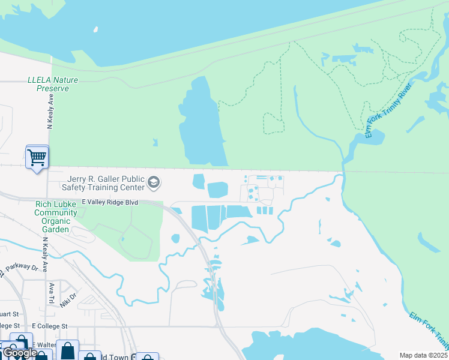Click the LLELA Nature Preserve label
pyautogui.click(x=48, y=84)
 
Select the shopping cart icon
pyautogui.click(x=37, y=158)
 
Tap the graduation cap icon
pyautogui.click(x=154, y=182)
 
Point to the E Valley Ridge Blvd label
pyautogui.click(x=110, y=203)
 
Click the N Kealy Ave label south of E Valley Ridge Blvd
pyautogui.click(x=44, y=255)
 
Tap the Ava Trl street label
pyautogui.click(x=52, y=289)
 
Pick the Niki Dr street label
pyautogui.click(x=69, y=297)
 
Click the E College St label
pyautogui.click(x=50, y=326)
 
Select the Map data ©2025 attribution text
pyautogui.click(x=423, y=355)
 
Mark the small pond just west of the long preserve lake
pyautogui.click(x=155, y=142)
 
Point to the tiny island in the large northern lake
pyautogui.click(x=95, y=29)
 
